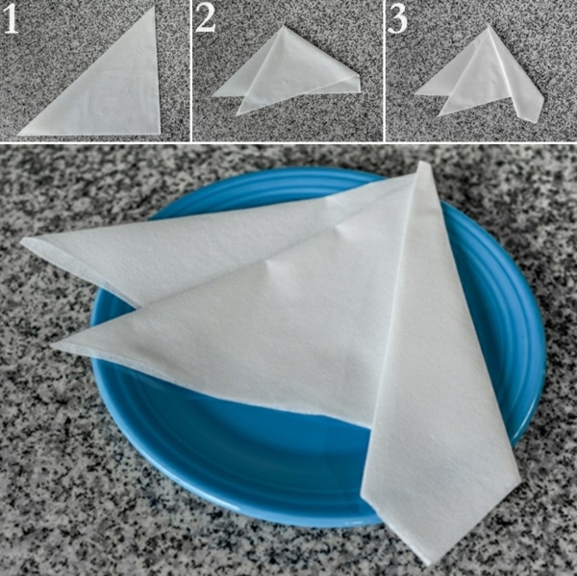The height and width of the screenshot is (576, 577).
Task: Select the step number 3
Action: click(x=397, y=19)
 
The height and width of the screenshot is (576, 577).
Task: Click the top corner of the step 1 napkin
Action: click(x=154, y=7)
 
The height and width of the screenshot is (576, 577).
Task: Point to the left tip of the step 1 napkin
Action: click(x=18, y=134)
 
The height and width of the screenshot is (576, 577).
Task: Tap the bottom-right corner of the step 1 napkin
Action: click(x=160, y=134)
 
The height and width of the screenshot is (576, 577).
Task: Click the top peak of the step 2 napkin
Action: click(x=283, y=26)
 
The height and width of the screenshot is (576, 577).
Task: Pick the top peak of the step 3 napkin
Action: click(x=489, y=27)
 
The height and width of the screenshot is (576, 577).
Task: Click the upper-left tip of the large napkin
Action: click(x=22, y=241)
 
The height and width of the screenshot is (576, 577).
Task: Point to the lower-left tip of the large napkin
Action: click(x=53, y=346)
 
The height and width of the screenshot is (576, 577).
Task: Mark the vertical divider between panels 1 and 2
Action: click(x=191, y=70)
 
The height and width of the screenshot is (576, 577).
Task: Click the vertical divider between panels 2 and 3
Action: click(x=385, y=70)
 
